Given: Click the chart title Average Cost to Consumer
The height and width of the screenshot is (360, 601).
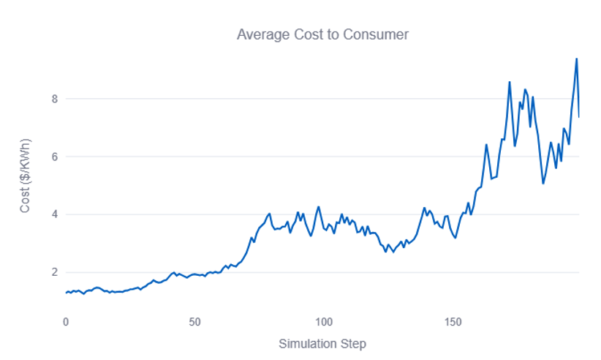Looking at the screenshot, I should [322, 34].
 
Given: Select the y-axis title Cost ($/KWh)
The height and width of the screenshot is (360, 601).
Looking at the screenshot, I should [26, 176].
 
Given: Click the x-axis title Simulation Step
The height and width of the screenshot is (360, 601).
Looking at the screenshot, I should [322, 343].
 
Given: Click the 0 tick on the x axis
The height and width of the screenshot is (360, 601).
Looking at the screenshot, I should [66, 321].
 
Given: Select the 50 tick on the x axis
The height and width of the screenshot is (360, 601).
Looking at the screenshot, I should [194, 321].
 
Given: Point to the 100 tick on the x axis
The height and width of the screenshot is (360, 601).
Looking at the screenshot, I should [324, 321].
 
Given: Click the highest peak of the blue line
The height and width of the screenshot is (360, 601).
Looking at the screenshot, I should [576, 59].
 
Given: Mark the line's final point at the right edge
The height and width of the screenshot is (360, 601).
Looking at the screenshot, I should [579, 117].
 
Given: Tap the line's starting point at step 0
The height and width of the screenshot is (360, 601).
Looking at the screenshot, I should [66, 293].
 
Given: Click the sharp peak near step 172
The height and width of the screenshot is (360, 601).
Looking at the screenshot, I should [510, 82].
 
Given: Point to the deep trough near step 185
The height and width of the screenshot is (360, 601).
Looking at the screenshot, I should [543, 183].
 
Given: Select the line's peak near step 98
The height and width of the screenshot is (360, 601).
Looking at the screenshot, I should [319, 207].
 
